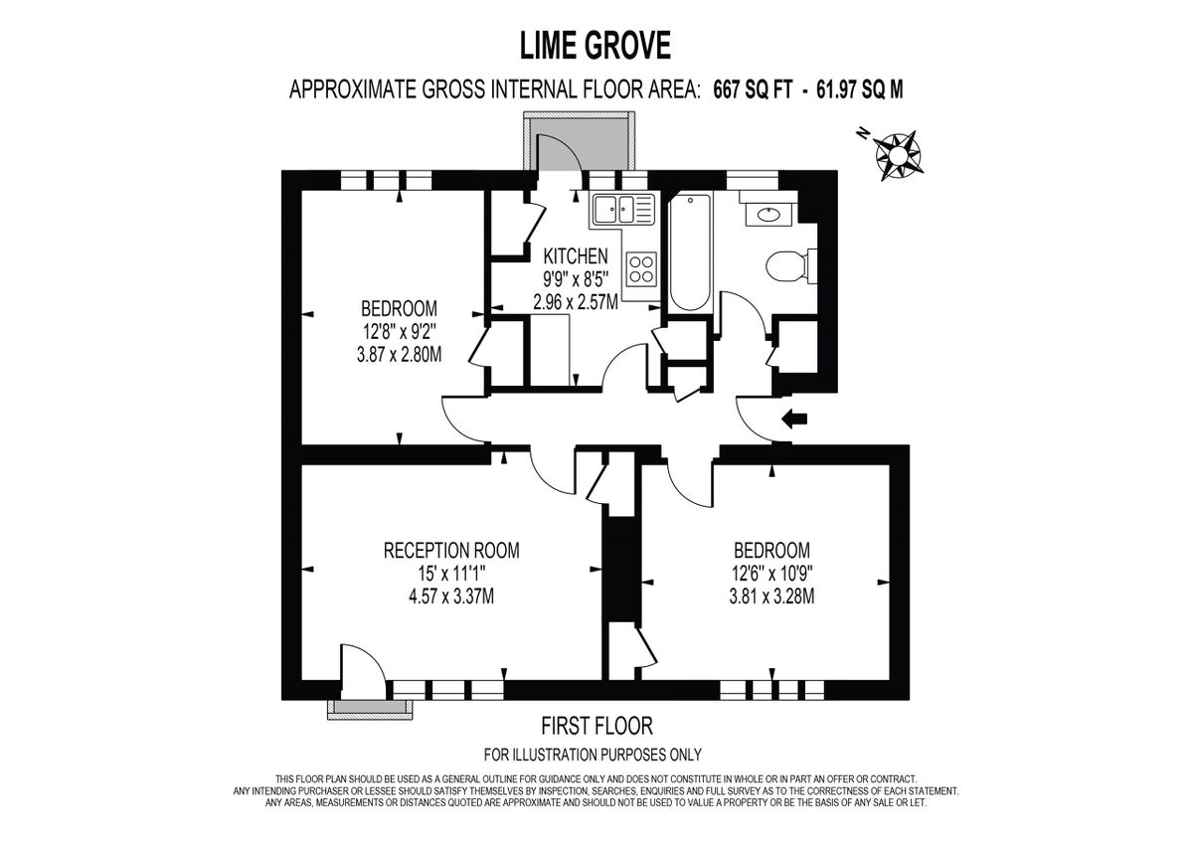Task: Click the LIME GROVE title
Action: click(x=596, y=45)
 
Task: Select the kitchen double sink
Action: click(x=621, y=210)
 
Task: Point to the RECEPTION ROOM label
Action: click(x=451, y=551)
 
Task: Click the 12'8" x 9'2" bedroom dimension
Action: click(x=399, y=331)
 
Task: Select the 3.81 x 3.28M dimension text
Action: click(x=771, y=596)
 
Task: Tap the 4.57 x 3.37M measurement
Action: click(x=451, y=596)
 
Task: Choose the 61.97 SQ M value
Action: click(x=859, y=90)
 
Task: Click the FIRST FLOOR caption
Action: click(x=596, y=726)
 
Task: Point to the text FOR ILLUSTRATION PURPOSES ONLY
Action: click(x=593, y=755)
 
